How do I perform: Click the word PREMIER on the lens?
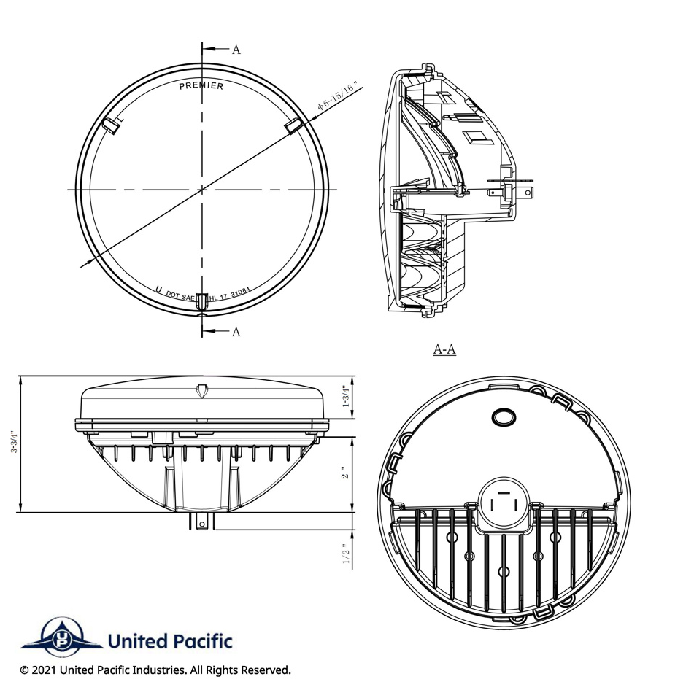201,86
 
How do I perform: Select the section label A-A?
444,349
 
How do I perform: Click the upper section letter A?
236,50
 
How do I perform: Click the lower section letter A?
236,332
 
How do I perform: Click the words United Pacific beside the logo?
169,641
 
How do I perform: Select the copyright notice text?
155,670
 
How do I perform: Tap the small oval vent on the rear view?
504,416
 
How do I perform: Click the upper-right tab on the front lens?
292,125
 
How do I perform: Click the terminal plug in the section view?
521,192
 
